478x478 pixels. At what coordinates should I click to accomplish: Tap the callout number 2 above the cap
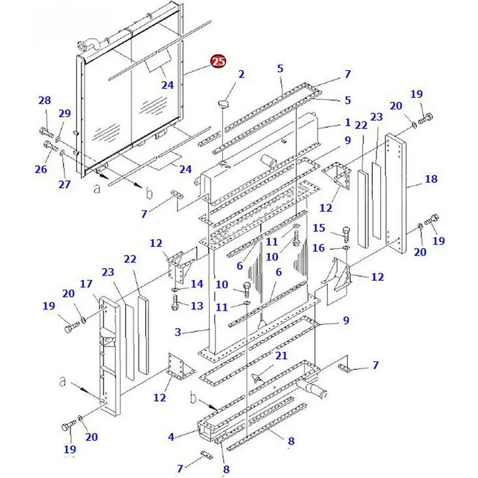241,74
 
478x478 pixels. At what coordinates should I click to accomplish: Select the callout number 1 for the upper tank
347,122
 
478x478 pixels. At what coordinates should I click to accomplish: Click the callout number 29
64,114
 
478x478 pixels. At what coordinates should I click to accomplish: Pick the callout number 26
41,169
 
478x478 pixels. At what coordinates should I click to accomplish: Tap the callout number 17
86,284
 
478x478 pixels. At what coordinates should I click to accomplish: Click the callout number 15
319,228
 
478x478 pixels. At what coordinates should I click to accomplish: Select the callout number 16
319,247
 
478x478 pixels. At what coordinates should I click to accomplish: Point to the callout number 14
197,283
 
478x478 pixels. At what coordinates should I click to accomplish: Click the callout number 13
197,306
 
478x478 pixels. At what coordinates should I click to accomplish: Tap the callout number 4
171,437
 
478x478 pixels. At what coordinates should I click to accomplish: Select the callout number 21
281,356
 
